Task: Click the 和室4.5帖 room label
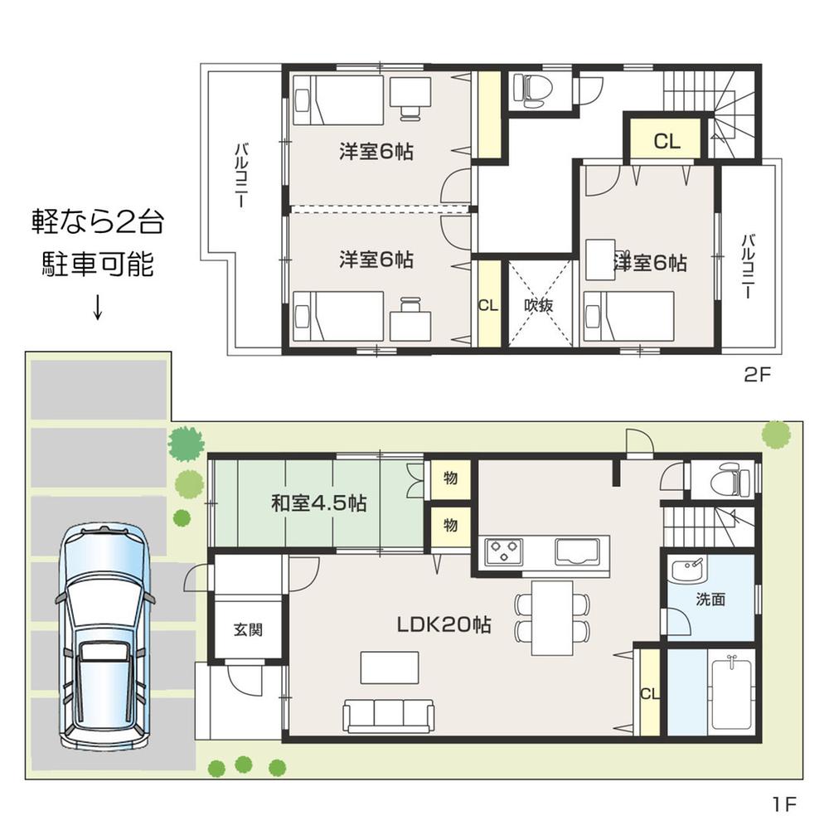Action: pyautogui.click(x=319, y=503)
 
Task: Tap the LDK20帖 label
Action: pyautogui.click(x=444, y=625)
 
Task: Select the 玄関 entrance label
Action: pyautogui.click(x=247, y=630)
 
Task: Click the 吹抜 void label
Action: pyautogui.click(x=539, y=304)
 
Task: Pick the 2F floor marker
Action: pyautogui.click(x=757, y=374)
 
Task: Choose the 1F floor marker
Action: pyautogui.click(x=783, y=804)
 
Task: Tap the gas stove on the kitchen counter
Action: pyautogui.click(x=504, y=551)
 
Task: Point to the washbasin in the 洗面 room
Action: pyautogui.click(x=688, y=571)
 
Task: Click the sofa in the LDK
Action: pyautogui.click(x=388, y=714)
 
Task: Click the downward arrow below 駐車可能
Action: pyautogui.click(x=97, y=307)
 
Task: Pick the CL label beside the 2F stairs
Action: pyautogui.click(x=667, y=141)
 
